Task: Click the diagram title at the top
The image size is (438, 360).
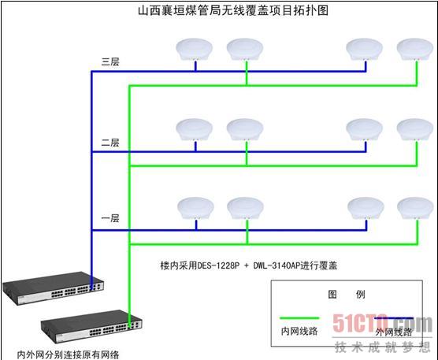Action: point(233,10)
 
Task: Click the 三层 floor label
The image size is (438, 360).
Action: point(110,61)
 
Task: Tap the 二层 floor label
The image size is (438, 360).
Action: point(110,143)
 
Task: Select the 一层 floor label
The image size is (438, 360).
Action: point(110,218)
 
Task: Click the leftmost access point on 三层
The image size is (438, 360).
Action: point(195,50)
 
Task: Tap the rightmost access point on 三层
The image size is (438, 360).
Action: point(415,50)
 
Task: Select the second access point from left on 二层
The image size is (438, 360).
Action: point(245,130)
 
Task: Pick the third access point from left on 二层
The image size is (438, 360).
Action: point(365,130)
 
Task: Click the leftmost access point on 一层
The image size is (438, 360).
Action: point(196,209)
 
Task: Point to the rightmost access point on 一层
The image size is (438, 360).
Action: point(416,209)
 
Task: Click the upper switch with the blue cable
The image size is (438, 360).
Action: point(53,288)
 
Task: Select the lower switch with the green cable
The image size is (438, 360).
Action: point(91,326)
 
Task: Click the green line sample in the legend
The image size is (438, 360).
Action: point(299,318)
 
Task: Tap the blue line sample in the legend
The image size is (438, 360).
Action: point(394,318)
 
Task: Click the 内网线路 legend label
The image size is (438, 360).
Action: point(299,331)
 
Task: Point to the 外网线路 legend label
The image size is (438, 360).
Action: point(394,332)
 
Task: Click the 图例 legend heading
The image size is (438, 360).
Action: point(347,295)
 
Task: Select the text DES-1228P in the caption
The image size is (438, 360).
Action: point(218,265)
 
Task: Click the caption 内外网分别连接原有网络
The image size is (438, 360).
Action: point(68,354)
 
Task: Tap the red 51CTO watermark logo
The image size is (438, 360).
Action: point(382,323)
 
